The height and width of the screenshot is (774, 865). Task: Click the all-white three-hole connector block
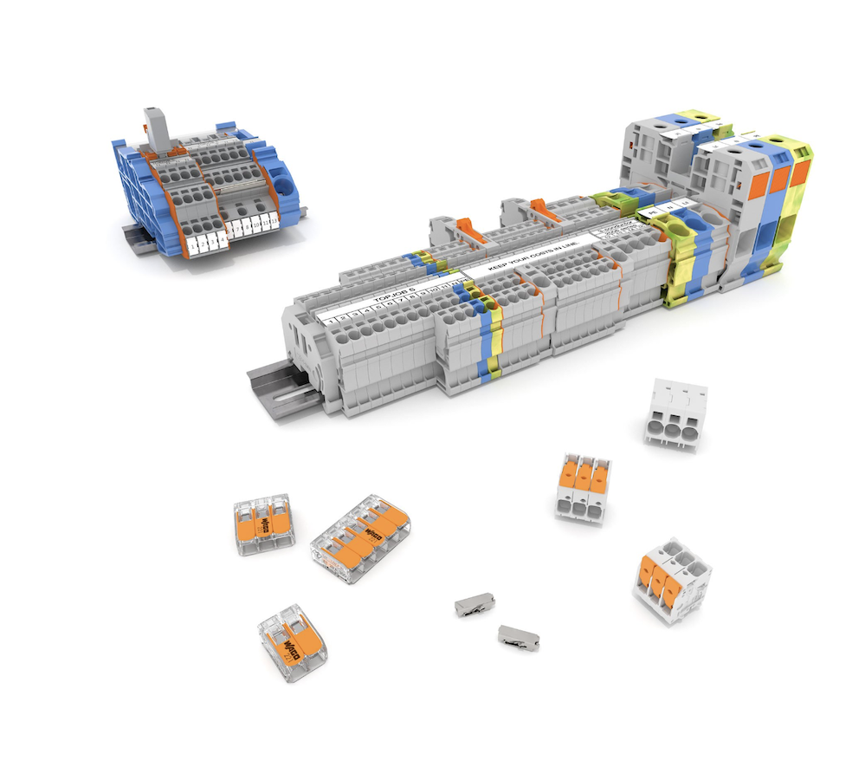click(675, 414)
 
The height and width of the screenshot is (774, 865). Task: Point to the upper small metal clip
click(474, 604)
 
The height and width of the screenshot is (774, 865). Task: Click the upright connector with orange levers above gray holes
click(583, 486)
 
